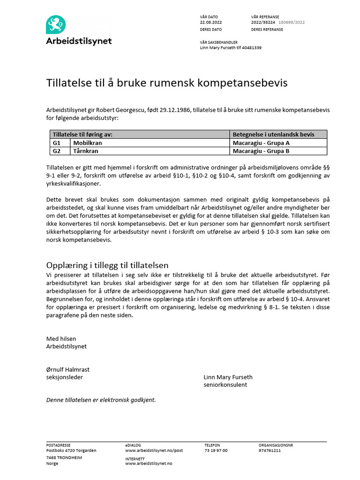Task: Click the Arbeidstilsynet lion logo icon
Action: pos(56,24)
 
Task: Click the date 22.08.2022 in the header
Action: pos(211,22)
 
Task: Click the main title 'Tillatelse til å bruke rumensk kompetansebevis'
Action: pos(166,83)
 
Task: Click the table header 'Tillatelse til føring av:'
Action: pos(82,135)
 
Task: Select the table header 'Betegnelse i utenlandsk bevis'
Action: pos(273,135)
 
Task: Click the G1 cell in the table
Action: pos(57,143)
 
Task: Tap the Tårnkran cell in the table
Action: pos(86,151)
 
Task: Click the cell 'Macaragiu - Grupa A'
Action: pos(261,143)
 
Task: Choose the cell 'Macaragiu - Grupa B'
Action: pos(261,151)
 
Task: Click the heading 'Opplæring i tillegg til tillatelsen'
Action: pos(107,265)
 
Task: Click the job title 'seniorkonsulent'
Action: pos(225,385)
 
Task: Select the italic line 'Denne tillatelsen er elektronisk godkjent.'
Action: pos(101,400)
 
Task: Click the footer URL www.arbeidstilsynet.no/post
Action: pos(154,450)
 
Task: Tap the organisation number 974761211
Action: pos(270,450)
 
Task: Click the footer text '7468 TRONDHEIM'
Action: pos(64,457)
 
